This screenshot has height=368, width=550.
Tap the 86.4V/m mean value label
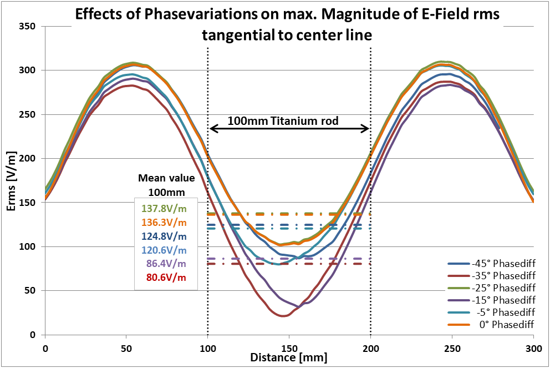(x=165, y=264)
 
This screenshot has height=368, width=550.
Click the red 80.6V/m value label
(x=165, y=277)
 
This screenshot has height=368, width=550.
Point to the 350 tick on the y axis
(x=27, y=27)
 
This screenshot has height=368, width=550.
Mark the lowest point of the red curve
(x=284, y=316)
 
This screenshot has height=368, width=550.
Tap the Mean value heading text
(x=166, y=179)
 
